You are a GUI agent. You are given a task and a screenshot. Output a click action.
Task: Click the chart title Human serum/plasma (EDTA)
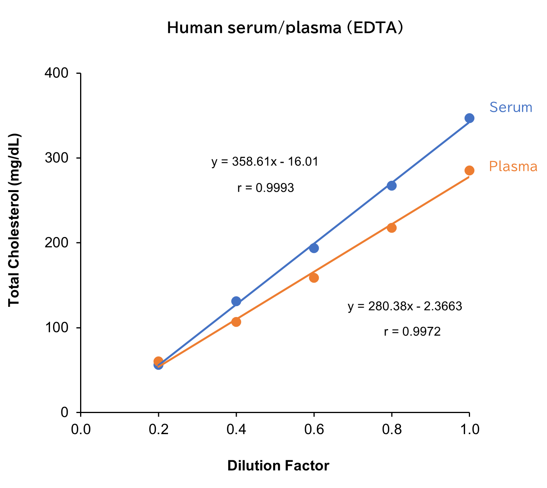285,28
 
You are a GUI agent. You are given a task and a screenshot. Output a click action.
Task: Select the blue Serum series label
511,107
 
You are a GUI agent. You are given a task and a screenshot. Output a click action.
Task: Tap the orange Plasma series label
513,167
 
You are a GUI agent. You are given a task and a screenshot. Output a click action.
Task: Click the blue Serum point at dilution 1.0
469,118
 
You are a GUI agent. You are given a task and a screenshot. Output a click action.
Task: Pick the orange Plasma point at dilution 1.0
469,171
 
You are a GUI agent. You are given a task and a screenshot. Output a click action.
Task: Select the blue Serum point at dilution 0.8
391,185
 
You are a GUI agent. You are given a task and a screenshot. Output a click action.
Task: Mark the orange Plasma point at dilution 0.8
391,228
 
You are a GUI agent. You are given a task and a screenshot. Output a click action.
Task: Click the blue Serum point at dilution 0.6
314,248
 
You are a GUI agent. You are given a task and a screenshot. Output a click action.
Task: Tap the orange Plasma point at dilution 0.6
314,278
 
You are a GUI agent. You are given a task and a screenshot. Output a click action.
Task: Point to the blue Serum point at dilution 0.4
236,301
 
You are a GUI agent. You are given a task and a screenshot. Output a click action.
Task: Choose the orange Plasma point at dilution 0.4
236,322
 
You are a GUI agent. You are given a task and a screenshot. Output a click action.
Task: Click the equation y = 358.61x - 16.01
265,162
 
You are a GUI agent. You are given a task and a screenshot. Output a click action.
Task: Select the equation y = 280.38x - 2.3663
405,306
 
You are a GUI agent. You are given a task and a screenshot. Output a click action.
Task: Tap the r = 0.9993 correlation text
265,188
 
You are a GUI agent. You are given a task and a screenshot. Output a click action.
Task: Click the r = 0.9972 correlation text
412,332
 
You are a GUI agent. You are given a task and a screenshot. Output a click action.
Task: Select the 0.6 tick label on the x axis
314,429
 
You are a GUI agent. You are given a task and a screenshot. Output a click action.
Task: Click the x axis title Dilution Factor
278,466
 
